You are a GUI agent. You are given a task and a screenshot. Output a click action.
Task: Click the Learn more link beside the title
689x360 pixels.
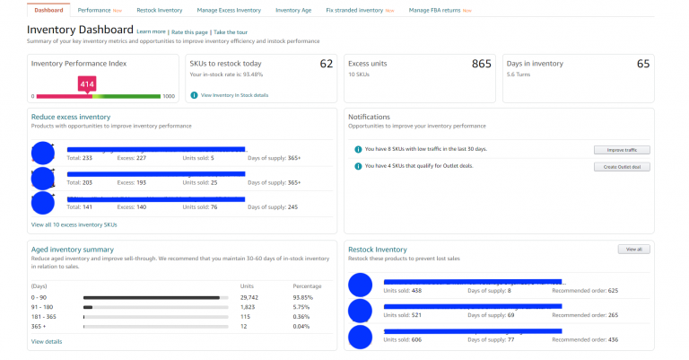click(x=150, y=32)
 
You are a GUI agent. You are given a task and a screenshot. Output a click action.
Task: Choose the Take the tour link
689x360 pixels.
click(x=231, y=32)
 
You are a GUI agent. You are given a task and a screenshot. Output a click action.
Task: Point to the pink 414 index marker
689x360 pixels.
click(x=87, y=84)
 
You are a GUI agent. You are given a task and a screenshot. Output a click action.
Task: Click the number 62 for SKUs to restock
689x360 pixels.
click(x=326, y=64)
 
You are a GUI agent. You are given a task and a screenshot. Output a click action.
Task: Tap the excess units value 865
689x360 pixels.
click(x=482, y=64)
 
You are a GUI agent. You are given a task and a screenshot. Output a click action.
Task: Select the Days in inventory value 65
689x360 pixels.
click(x=643, y=64)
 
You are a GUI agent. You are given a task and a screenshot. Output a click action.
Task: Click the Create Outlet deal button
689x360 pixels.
click(x=622, y=166)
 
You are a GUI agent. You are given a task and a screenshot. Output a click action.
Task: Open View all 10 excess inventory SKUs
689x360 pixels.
click(x=74, y=224)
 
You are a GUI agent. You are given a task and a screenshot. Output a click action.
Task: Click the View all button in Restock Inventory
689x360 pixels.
click(x=633, y=249)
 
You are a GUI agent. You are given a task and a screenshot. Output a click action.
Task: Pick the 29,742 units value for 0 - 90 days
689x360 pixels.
click(x=250, y=297)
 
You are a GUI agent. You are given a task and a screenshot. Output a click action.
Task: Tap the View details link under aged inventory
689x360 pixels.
click(x=47, y=341)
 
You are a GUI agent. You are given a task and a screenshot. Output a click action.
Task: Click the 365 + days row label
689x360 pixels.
click(x=39, y=326)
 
